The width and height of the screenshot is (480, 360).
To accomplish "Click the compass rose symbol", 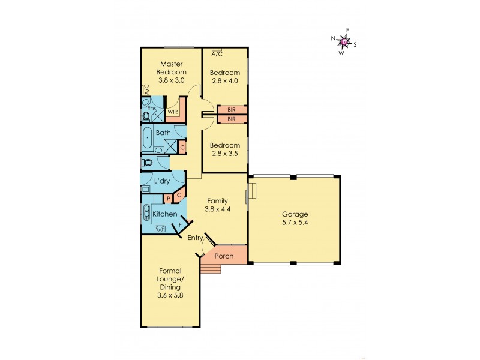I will [344, 41].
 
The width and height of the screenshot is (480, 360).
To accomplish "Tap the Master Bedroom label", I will [171, 68].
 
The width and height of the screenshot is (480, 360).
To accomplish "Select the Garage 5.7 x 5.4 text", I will [295, 218].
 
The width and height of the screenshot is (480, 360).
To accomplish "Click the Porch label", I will [224, 256].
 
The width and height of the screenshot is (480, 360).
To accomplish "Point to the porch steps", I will [211, 268].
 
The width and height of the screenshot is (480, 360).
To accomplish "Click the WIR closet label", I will [172, 112].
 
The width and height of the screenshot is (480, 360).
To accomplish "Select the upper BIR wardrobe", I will [231, 110].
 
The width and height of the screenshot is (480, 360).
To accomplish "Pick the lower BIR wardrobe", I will [231, 119].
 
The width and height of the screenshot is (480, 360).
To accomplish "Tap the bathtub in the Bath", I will [148, 139].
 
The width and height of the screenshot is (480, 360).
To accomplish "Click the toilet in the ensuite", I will [146, 115].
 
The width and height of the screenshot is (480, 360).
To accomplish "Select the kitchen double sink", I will [160, 227].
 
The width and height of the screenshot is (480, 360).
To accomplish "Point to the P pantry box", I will [169, 198].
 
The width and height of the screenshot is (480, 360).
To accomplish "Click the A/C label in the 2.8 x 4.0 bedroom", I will [217, 54].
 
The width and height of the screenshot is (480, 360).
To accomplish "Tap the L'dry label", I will [161, 181].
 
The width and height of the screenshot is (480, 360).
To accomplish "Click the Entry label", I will [194, 238].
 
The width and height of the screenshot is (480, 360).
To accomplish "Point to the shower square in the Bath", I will [170, 146].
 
